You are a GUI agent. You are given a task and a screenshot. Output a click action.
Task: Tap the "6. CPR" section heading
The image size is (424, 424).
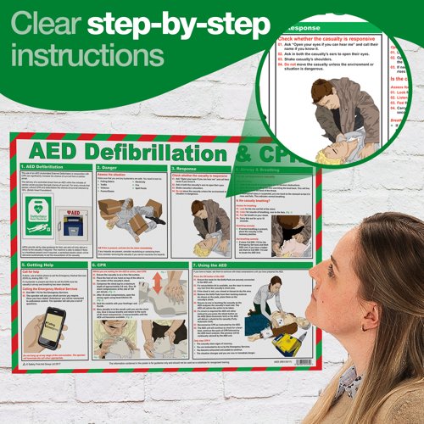click(105, 265)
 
